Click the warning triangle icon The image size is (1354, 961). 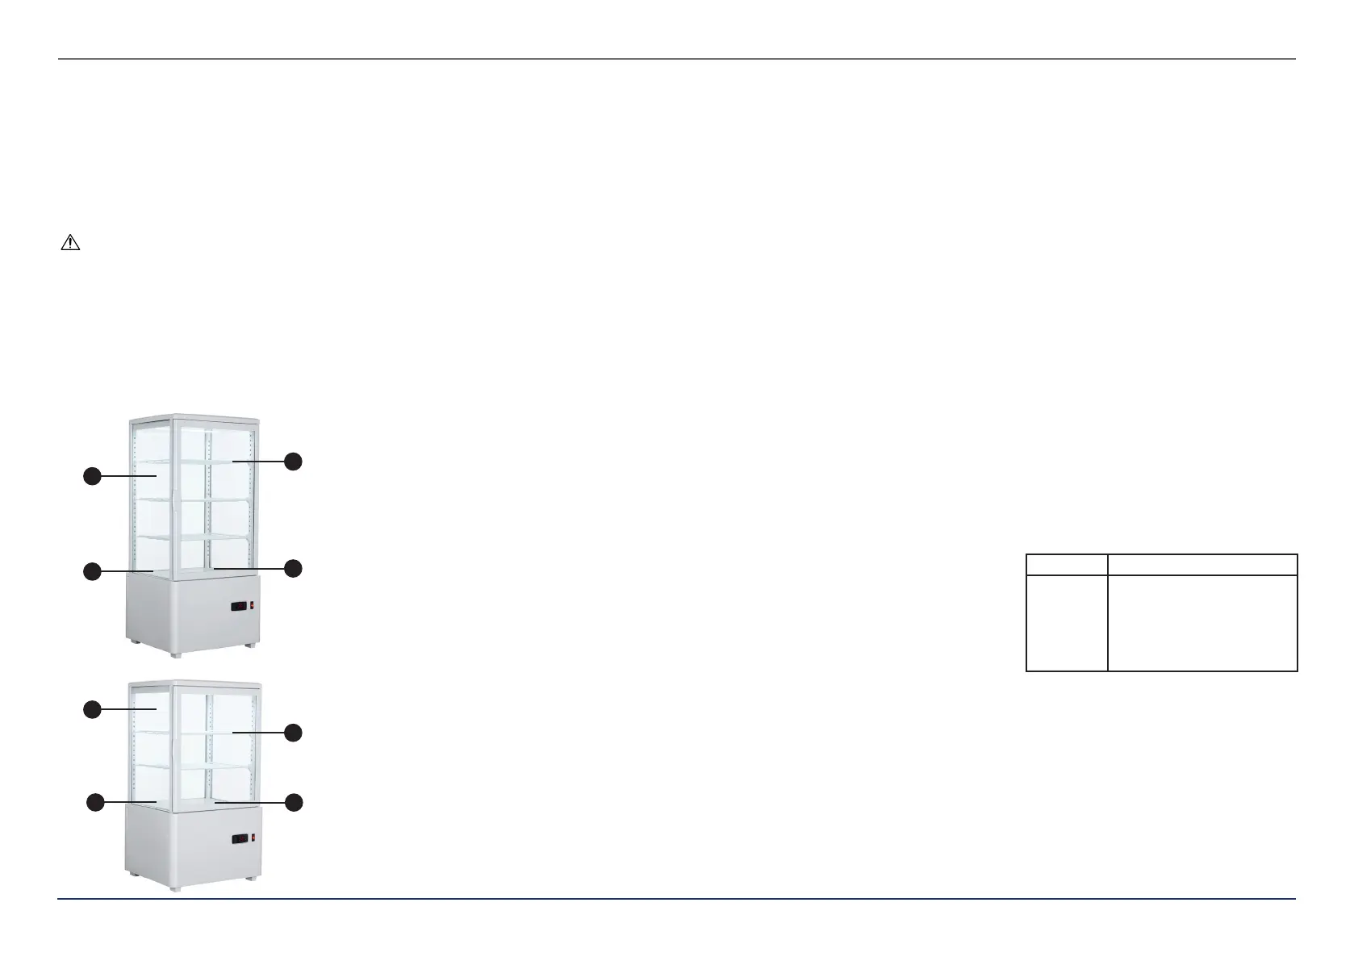70,243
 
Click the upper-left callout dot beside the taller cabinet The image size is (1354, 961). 93,476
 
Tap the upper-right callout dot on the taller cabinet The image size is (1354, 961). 294,462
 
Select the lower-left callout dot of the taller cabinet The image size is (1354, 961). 93,571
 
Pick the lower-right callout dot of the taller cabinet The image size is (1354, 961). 294,568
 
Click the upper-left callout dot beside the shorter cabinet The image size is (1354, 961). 93,709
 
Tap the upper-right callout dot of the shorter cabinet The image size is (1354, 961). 294,733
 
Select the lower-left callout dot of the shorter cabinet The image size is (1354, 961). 95,802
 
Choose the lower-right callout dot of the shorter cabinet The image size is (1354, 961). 294,802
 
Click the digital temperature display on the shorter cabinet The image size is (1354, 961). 240,839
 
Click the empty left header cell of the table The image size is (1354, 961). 1067,564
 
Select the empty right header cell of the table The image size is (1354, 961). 1202,564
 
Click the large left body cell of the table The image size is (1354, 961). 1067,622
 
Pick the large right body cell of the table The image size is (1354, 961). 1202,622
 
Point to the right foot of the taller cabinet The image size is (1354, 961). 250,644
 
